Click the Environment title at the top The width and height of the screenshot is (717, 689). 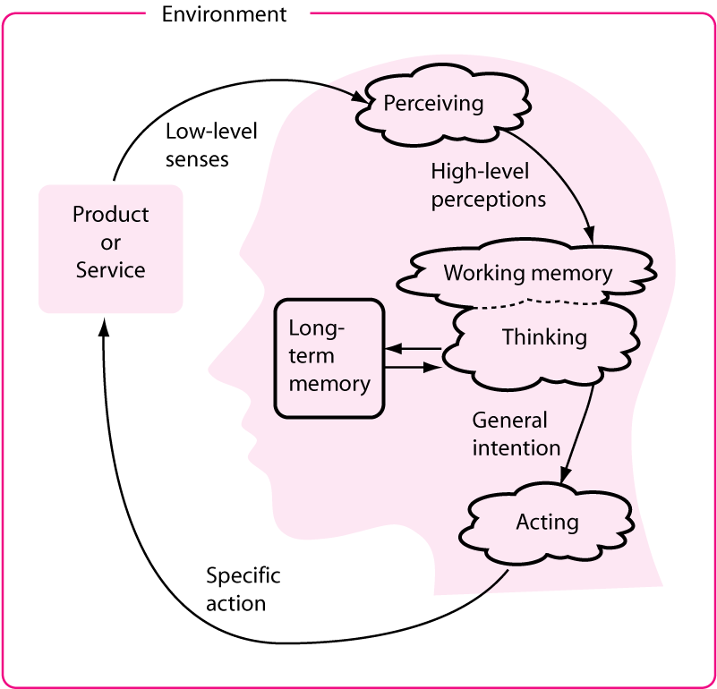click(x=224, y=14)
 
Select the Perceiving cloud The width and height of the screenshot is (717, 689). click(x=433, y=104)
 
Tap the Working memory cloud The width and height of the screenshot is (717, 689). click(x=528, y=272)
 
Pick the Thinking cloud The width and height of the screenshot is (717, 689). click(x=544, y=337)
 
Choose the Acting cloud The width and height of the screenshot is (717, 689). click(x=547, y=522)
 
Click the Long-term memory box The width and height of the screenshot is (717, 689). click(x=329, y=356)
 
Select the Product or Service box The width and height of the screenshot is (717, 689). click(x=111, y=242)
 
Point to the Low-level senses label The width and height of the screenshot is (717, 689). click(x=211, y=145)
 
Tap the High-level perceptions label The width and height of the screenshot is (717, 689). click(x=488, y=184)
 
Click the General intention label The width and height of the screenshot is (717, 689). click(x=516, y=433)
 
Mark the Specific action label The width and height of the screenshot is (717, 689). click(x=243, y=588)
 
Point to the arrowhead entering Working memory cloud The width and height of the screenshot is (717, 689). click(x=591, y=234)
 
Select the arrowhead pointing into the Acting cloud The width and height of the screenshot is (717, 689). click(x=566, y=476)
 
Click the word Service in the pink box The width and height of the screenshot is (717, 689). click(x=111, y=269)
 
